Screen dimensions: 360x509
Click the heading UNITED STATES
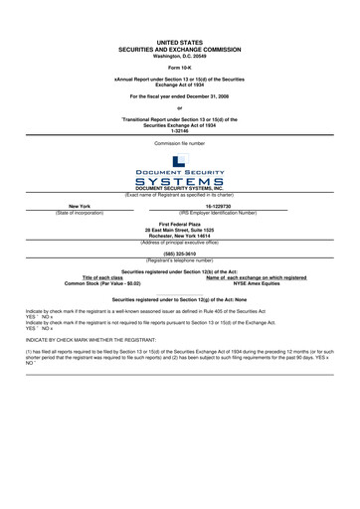[179, 43]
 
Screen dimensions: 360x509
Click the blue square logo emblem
[179, 162]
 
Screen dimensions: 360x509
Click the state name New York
[80, 207]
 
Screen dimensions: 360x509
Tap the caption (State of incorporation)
[80, 213]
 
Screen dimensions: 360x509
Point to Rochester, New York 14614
[179, 236]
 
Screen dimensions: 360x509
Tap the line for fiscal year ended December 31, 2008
[179, 96]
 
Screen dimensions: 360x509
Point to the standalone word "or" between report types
[179, 107]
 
